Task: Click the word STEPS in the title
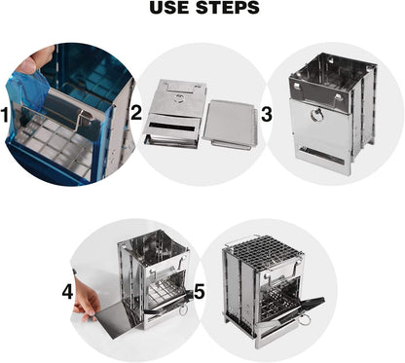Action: [229, 8]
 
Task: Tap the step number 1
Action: [5, 115]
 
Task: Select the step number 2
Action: [136, 113]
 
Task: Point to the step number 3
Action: [267, 115]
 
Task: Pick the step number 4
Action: [67, 292]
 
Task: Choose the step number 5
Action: [200, 291]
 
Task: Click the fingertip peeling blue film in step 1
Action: [28, 63]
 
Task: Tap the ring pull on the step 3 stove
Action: [315, 115]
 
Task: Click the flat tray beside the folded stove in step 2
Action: [231, 125]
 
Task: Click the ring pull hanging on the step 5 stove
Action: [304, 318]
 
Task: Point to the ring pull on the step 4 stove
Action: [184, 310]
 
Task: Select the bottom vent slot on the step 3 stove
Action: [321, 156]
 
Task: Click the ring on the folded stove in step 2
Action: [178, 97]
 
